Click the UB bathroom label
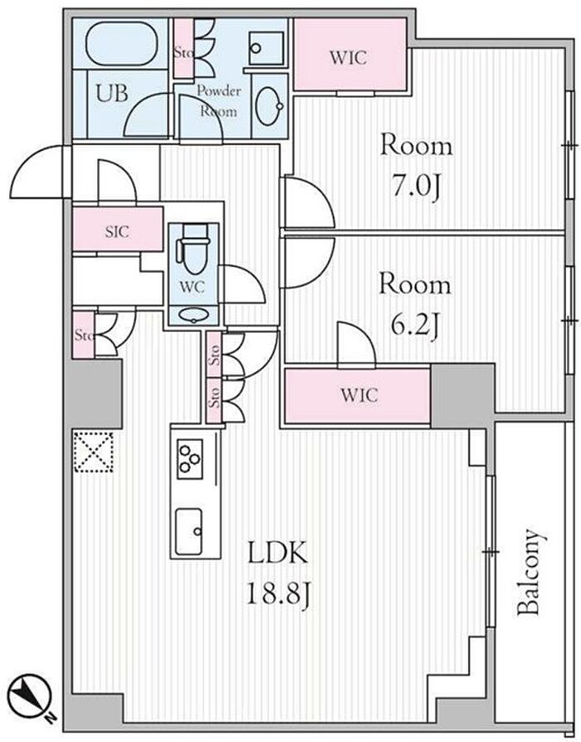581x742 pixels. pos(112,93)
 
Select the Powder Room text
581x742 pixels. pos(217,100)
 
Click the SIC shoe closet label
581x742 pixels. pos(117,232)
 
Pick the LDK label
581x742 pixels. pos(278,554)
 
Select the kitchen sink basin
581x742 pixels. pos(188,531)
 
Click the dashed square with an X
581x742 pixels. pos(93,452)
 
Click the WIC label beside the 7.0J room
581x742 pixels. pos(349,58)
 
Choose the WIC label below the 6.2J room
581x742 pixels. pos(359,395)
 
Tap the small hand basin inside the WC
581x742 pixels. pos(193,315)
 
